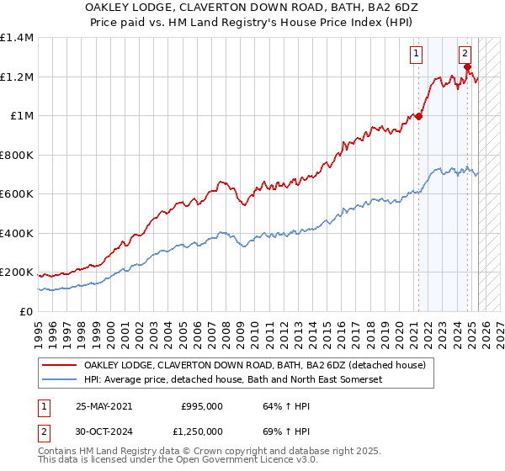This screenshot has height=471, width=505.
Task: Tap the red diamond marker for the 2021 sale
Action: click(418, 117)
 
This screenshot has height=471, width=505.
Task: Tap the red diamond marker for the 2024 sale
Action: click(468, 67)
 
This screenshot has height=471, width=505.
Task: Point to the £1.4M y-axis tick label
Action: click(17, 39)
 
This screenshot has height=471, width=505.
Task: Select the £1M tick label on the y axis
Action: click(22, 116)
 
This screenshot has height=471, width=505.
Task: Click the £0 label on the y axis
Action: click(27, 312)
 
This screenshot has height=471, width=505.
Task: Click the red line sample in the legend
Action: click(60, 366)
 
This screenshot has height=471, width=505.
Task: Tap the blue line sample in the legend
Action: click(60, 380)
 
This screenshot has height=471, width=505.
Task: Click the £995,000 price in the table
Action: click(202, 406)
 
